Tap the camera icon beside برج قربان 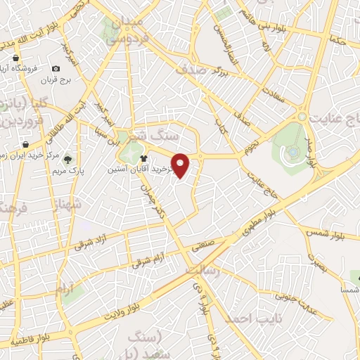[x=55, y=69]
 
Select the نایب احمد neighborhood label [x=247, y=318]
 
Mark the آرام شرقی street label [x=148, y=261]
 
